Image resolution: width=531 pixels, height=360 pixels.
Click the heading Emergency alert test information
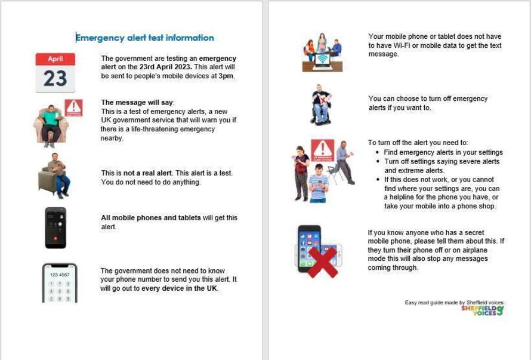point(145,38)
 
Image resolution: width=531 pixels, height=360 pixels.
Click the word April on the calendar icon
point(55,59)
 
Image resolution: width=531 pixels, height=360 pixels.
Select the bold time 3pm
point(227,76)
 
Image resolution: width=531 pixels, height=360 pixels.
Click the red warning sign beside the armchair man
point(74,107)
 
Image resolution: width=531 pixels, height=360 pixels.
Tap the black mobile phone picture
point(55,227)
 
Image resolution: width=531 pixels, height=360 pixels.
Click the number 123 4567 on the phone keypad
point(59,275)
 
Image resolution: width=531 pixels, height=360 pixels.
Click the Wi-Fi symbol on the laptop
point(322,59)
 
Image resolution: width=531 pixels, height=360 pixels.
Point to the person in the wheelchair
point(322,106)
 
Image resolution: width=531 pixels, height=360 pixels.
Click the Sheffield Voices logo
point(482,310)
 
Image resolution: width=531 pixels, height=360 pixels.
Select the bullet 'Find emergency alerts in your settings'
point(443,152)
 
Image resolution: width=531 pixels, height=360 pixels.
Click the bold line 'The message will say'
point(138,103)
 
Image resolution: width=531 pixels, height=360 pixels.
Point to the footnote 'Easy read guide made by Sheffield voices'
point(454,303)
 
